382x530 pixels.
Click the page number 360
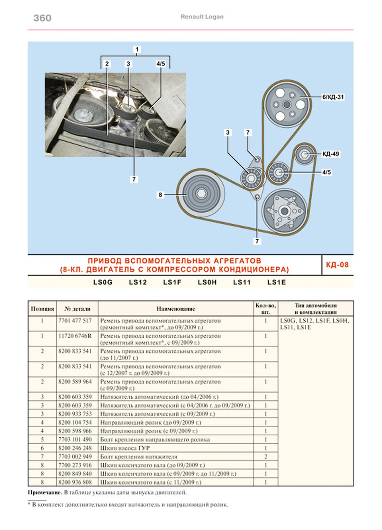tap(42, 18)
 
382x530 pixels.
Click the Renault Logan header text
tap(202, 17)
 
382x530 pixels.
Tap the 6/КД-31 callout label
tap(333, 97)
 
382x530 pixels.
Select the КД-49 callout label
tap(331, 154)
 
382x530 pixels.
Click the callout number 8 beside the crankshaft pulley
tap(160, 194)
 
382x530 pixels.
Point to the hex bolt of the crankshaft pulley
tap(202, 194)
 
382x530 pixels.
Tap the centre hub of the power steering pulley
tap(286, 104)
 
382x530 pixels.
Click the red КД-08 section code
tap(337, 265)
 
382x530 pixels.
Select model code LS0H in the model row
tap(207, 282)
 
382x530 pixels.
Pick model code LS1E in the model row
tap(277, 282)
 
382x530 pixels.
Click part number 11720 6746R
tap(75, 336)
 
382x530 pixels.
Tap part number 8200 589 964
tap(75, 381)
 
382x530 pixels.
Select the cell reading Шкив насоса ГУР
tap(125, 448)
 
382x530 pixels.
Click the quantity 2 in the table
tap(266, 456)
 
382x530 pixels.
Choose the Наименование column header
tap(176, 309)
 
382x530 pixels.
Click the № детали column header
tap(77, 309)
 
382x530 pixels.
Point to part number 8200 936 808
tap(75, 482)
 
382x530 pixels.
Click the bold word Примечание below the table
tap(45, 492)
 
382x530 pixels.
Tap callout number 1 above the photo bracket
tap(137, 49)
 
